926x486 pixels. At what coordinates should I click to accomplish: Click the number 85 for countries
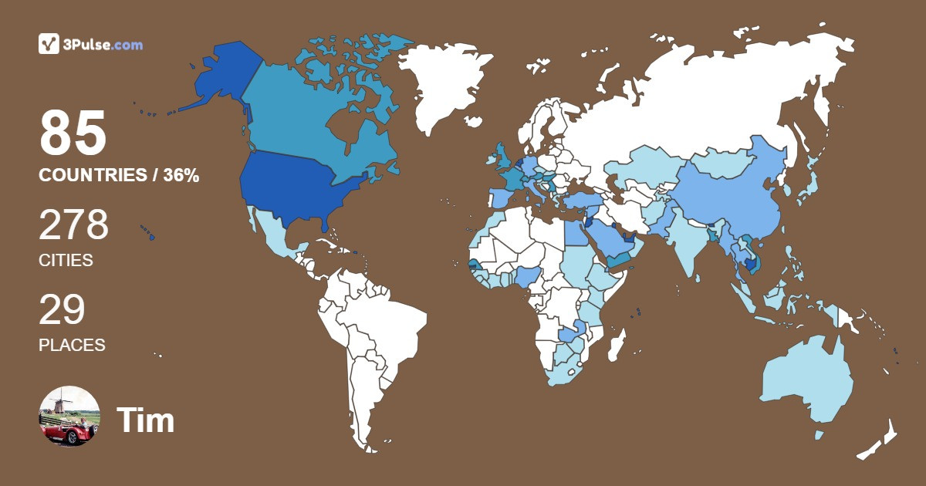(x=73, y=133)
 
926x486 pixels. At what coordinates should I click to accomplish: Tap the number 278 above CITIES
(x=74, y=225)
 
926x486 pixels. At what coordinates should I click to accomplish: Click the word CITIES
(x=66, y=261)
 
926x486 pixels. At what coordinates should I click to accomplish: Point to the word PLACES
(x=72, y=346)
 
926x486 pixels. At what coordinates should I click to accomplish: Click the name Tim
(x=145, y=420)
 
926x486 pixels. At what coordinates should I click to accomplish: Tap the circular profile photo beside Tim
(x=69, y=417)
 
